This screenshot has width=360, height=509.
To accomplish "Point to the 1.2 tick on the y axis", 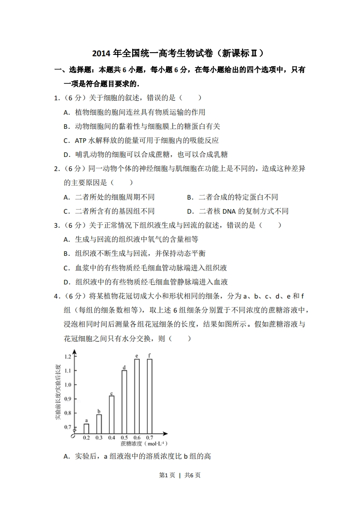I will click(68, 357).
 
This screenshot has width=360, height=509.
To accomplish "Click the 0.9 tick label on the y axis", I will click(68, 399).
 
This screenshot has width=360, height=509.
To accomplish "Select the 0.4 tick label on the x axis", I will click(112, 438).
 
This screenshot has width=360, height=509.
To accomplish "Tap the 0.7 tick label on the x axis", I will click(149, 438).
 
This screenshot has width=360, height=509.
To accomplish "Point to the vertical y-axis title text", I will click(58, 393).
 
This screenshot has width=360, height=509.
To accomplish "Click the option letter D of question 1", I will click(66, 155).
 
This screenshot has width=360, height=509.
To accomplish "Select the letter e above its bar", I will click(137, 355).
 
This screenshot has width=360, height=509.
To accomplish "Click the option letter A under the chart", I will click(66, 456).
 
